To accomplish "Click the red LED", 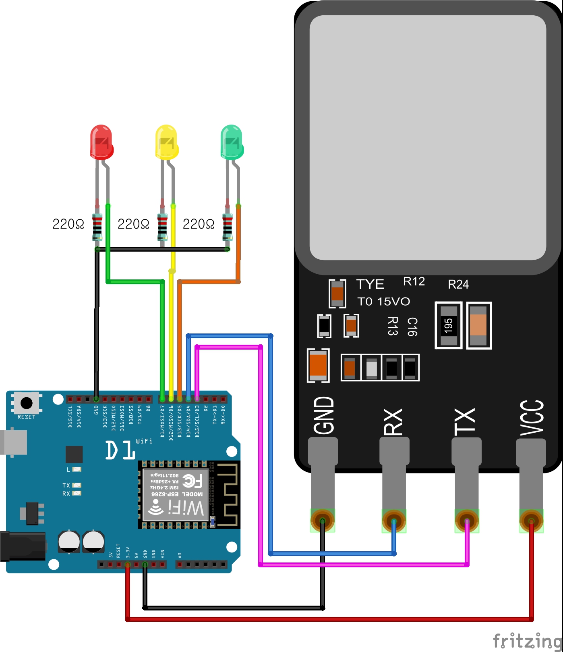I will point(101,142).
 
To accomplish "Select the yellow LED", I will point(166,142).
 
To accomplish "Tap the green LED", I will point(232,142).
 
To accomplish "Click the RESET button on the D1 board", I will point(27,403).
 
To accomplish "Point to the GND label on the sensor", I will point(324,415).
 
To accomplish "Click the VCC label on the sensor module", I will point(532,418).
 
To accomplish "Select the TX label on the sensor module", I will point(465,421).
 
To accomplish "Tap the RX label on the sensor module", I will point(393,422).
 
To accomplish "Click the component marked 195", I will point(449,325).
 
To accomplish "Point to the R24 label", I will point(458,285).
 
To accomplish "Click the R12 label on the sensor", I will point(414,281).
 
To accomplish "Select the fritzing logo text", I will point(527,640).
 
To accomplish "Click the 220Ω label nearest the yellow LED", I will point(133,224).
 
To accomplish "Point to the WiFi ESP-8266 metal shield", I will point(176,494).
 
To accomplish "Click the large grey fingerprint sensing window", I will point(428,137).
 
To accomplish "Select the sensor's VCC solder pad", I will point(531,521).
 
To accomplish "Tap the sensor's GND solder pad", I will point(322,521).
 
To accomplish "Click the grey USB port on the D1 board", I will point(14,442).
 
